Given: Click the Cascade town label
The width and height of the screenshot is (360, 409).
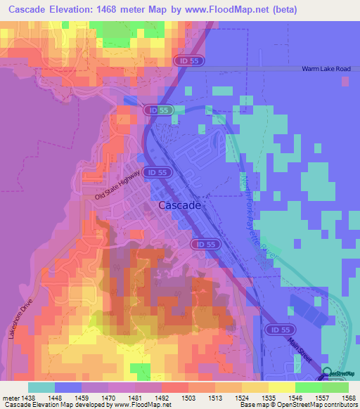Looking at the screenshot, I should point(181,206).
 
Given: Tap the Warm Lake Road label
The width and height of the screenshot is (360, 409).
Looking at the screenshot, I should point(325,69).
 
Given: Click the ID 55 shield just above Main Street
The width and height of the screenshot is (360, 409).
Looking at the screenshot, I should point(277,329).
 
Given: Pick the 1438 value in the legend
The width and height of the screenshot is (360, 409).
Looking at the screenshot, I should point(28,396).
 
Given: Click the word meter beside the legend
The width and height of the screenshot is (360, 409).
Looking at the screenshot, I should point(10,396).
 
